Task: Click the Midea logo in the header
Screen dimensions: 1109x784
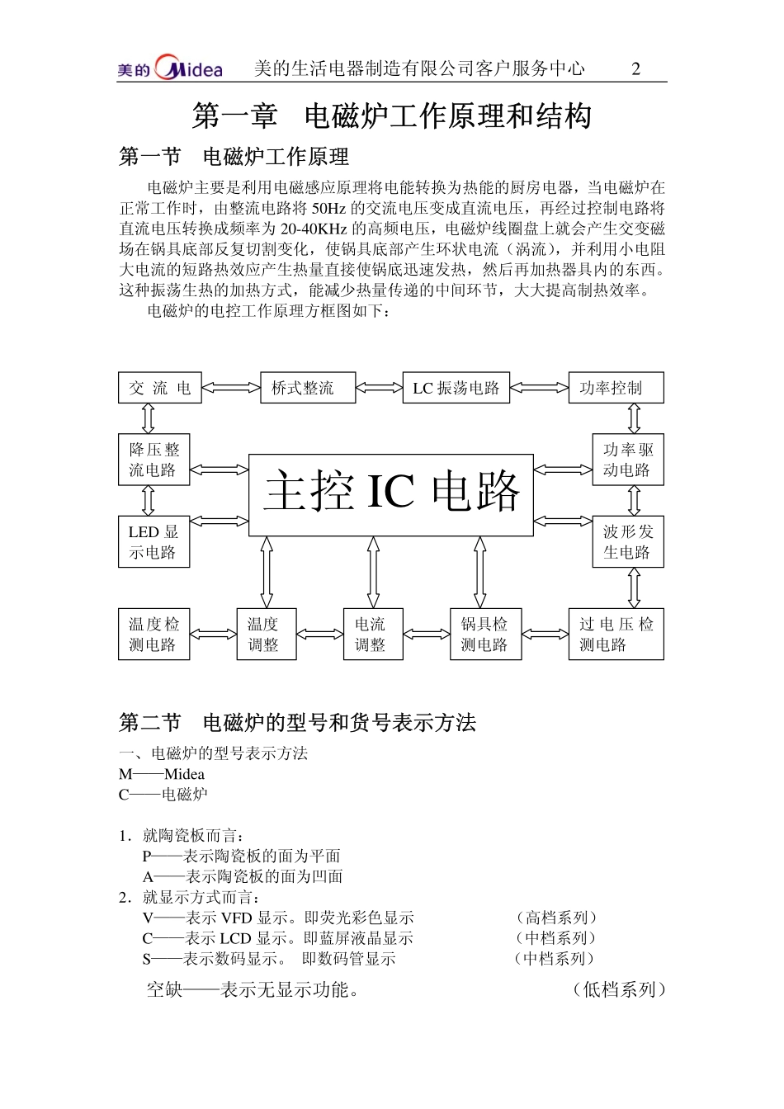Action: tap(171, 68)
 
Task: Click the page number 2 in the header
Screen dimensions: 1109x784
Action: tap(635, 68)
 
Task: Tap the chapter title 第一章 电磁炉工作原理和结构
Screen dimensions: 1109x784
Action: tap(391, 116)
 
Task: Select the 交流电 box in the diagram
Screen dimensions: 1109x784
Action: tap(159, 388)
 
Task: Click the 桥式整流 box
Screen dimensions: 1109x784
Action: tap(308, 388)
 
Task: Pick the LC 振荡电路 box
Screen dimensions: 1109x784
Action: tap(456, 388)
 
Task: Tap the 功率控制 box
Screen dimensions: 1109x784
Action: tap(616, 388)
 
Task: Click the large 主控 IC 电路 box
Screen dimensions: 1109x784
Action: tap(391, 494)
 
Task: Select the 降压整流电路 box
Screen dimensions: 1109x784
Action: tap(153, 460)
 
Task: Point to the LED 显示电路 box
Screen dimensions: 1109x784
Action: tap(153, 541)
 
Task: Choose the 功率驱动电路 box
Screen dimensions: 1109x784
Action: tap(628, 460)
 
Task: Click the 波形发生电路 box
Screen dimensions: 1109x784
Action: tap(628, 541)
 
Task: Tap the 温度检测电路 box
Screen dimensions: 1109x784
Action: tap(153, 634)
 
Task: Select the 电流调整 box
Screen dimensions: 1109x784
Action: tap(373, 634)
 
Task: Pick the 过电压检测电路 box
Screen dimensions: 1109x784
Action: tap(616, 634)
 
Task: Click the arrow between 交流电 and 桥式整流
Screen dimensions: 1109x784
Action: tap(231, 387)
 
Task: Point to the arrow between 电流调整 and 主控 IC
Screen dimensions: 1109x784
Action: tap(373, 572)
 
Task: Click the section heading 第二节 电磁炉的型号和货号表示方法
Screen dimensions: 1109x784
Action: tap(298, 723)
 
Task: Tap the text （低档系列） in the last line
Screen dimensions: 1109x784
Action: tap(619, 989)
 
